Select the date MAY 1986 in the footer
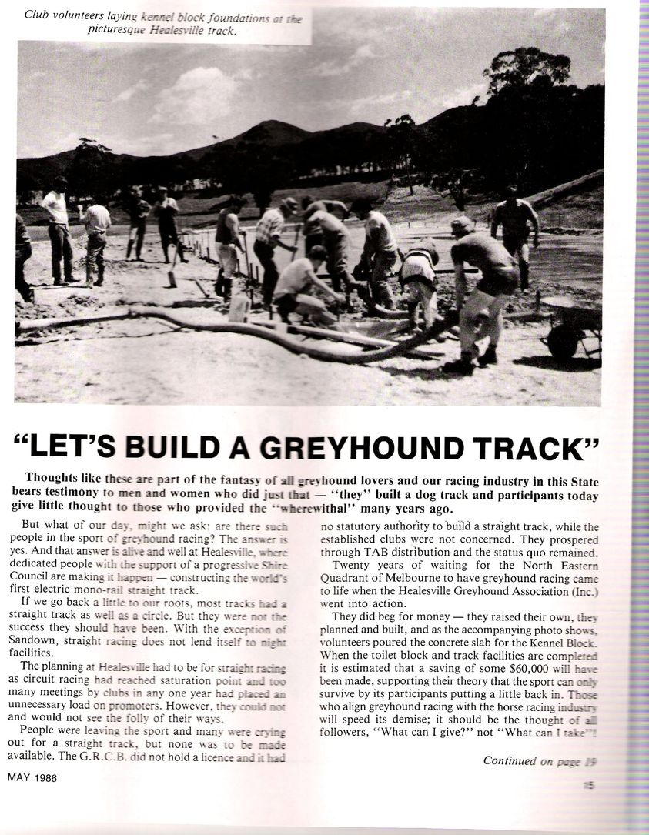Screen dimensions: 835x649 34,778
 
